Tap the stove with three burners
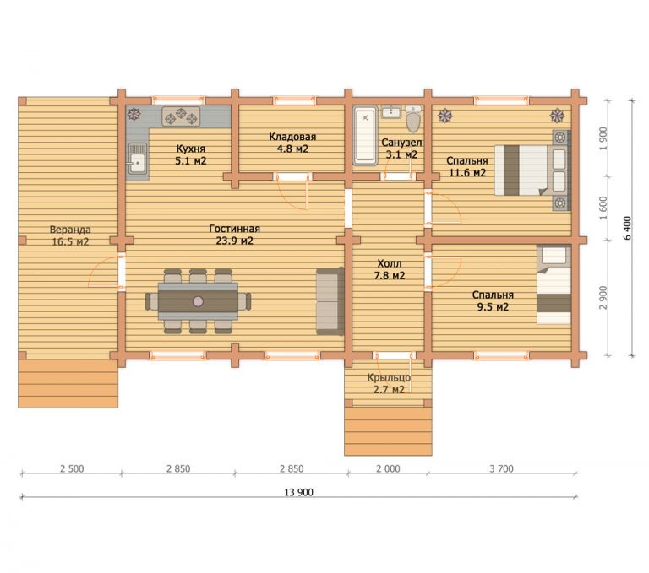tap(181, 116)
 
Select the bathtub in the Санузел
tap(365, 136)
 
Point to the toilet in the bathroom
tap(412, 119)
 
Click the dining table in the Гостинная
tap(198, 301)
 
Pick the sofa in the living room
tap(330, 301)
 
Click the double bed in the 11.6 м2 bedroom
tap(532, 170)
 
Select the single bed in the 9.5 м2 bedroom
tap(554, 284)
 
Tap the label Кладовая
tap(292, 137)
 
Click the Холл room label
tap(389, 263)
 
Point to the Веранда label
tap(70, 230)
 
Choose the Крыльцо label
tap(389, 377)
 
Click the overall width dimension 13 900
tap(299, 492)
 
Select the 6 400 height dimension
tap(628, 228)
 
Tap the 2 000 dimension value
tap(388, 469)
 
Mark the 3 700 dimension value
tap(501, 469)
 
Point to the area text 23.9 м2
tap(235, 241)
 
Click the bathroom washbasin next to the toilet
tap(390, 111)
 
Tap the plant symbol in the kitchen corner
tap(134, 114)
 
